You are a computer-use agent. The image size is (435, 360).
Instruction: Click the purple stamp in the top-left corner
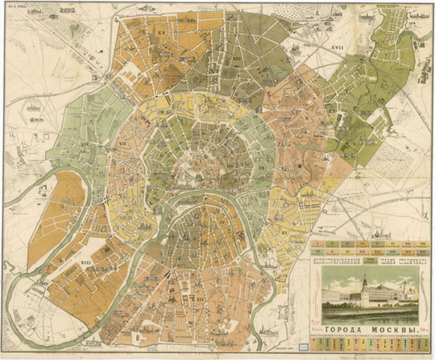click(18, 9)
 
